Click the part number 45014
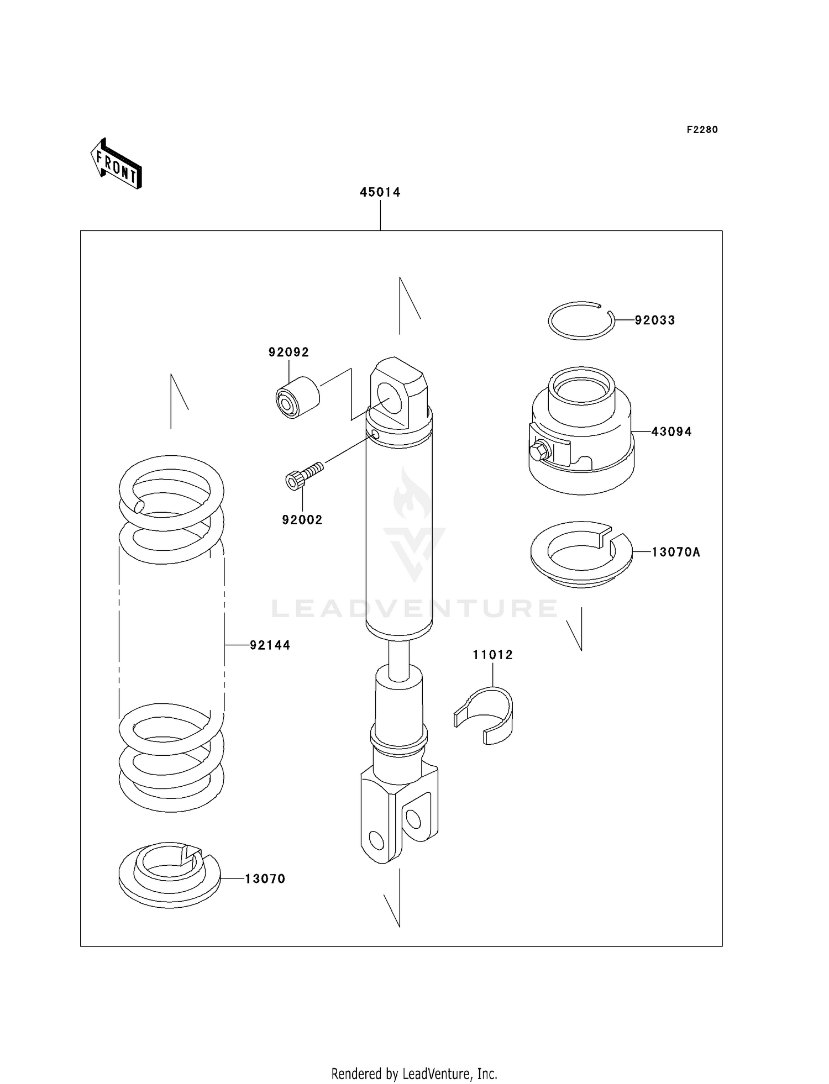point(380,192)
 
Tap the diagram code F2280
point(702,130)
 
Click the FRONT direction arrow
point(117,164)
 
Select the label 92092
point(288,352)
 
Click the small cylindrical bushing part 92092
point(297,397)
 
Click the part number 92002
point(302,520)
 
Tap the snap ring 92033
point(581,321)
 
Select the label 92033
point(654,320)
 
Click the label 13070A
point(675,552)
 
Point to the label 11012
point(492,655)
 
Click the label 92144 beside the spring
point(270,645)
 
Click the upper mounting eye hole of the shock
point(391,398)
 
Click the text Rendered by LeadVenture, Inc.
point(414,1074)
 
